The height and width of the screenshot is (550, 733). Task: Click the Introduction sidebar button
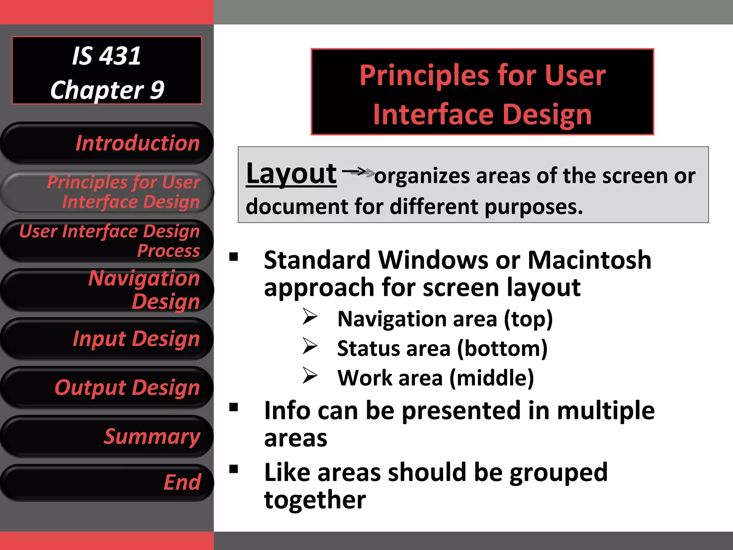point(107,143)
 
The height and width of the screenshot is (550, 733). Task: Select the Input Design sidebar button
point(107,339)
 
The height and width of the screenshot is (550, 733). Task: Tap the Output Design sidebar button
point(107,387)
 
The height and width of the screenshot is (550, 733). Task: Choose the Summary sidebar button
point(107,436)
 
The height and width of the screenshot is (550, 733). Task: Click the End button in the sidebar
point(107,482)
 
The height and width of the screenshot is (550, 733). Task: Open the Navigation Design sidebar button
point(107,290)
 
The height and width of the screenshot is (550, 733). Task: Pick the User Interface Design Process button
point(107,241)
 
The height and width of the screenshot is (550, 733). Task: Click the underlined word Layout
point(291,174)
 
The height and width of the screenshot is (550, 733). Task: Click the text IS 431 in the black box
point(107,56)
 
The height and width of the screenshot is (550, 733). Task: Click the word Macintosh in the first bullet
point(589,260)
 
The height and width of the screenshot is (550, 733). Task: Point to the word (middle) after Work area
point(492,378)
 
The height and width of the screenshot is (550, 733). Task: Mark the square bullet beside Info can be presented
point(234,407)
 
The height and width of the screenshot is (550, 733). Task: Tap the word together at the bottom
point(315,500)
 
